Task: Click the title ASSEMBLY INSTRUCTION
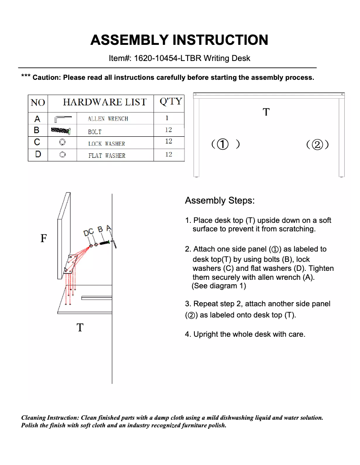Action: [179, 40]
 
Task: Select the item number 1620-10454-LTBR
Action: [166, 58]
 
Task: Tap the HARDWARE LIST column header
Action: [104, 102]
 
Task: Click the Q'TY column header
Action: [170, 101]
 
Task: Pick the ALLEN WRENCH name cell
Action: [108, 119]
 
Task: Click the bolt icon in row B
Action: [61, 130]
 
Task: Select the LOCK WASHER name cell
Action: [106, 144]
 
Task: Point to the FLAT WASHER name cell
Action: [106, 156]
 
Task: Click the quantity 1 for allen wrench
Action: [167, 118]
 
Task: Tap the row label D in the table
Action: [38, 154]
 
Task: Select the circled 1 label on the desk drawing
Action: [223, 144]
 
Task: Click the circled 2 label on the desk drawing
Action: [317, 144]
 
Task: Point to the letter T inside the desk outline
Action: [266, 112]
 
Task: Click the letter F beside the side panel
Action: [44, 238]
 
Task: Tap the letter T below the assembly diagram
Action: [80, 328]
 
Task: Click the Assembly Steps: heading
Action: [220, 200]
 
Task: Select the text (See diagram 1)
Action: [219, 286]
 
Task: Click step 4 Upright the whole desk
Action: [245, 334]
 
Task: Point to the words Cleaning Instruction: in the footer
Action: [50, 417]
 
